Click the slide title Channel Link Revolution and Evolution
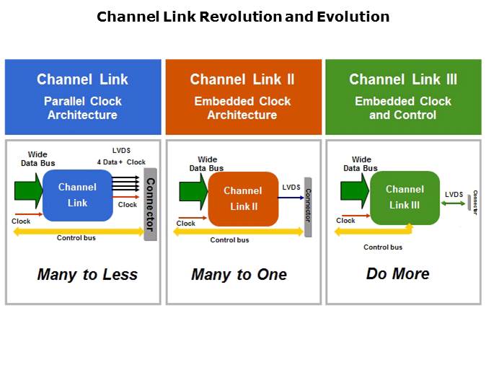(243, 16)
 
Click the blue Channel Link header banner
(83, 97)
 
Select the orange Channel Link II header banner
(244, 97)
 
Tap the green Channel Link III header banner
(403, 97)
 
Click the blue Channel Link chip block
(77, 195)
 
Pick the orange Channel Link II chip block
(243, 198)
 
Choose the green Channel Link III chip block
(405, 197)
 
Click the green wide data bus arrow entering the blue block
(29, 190)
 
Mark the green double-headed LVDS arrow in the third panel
(454, 203)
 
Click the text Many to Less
(87, 274)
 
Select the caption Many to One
(239, 274)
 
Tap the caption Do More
(397, 273)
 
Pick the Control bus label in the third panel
(383, 247)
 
